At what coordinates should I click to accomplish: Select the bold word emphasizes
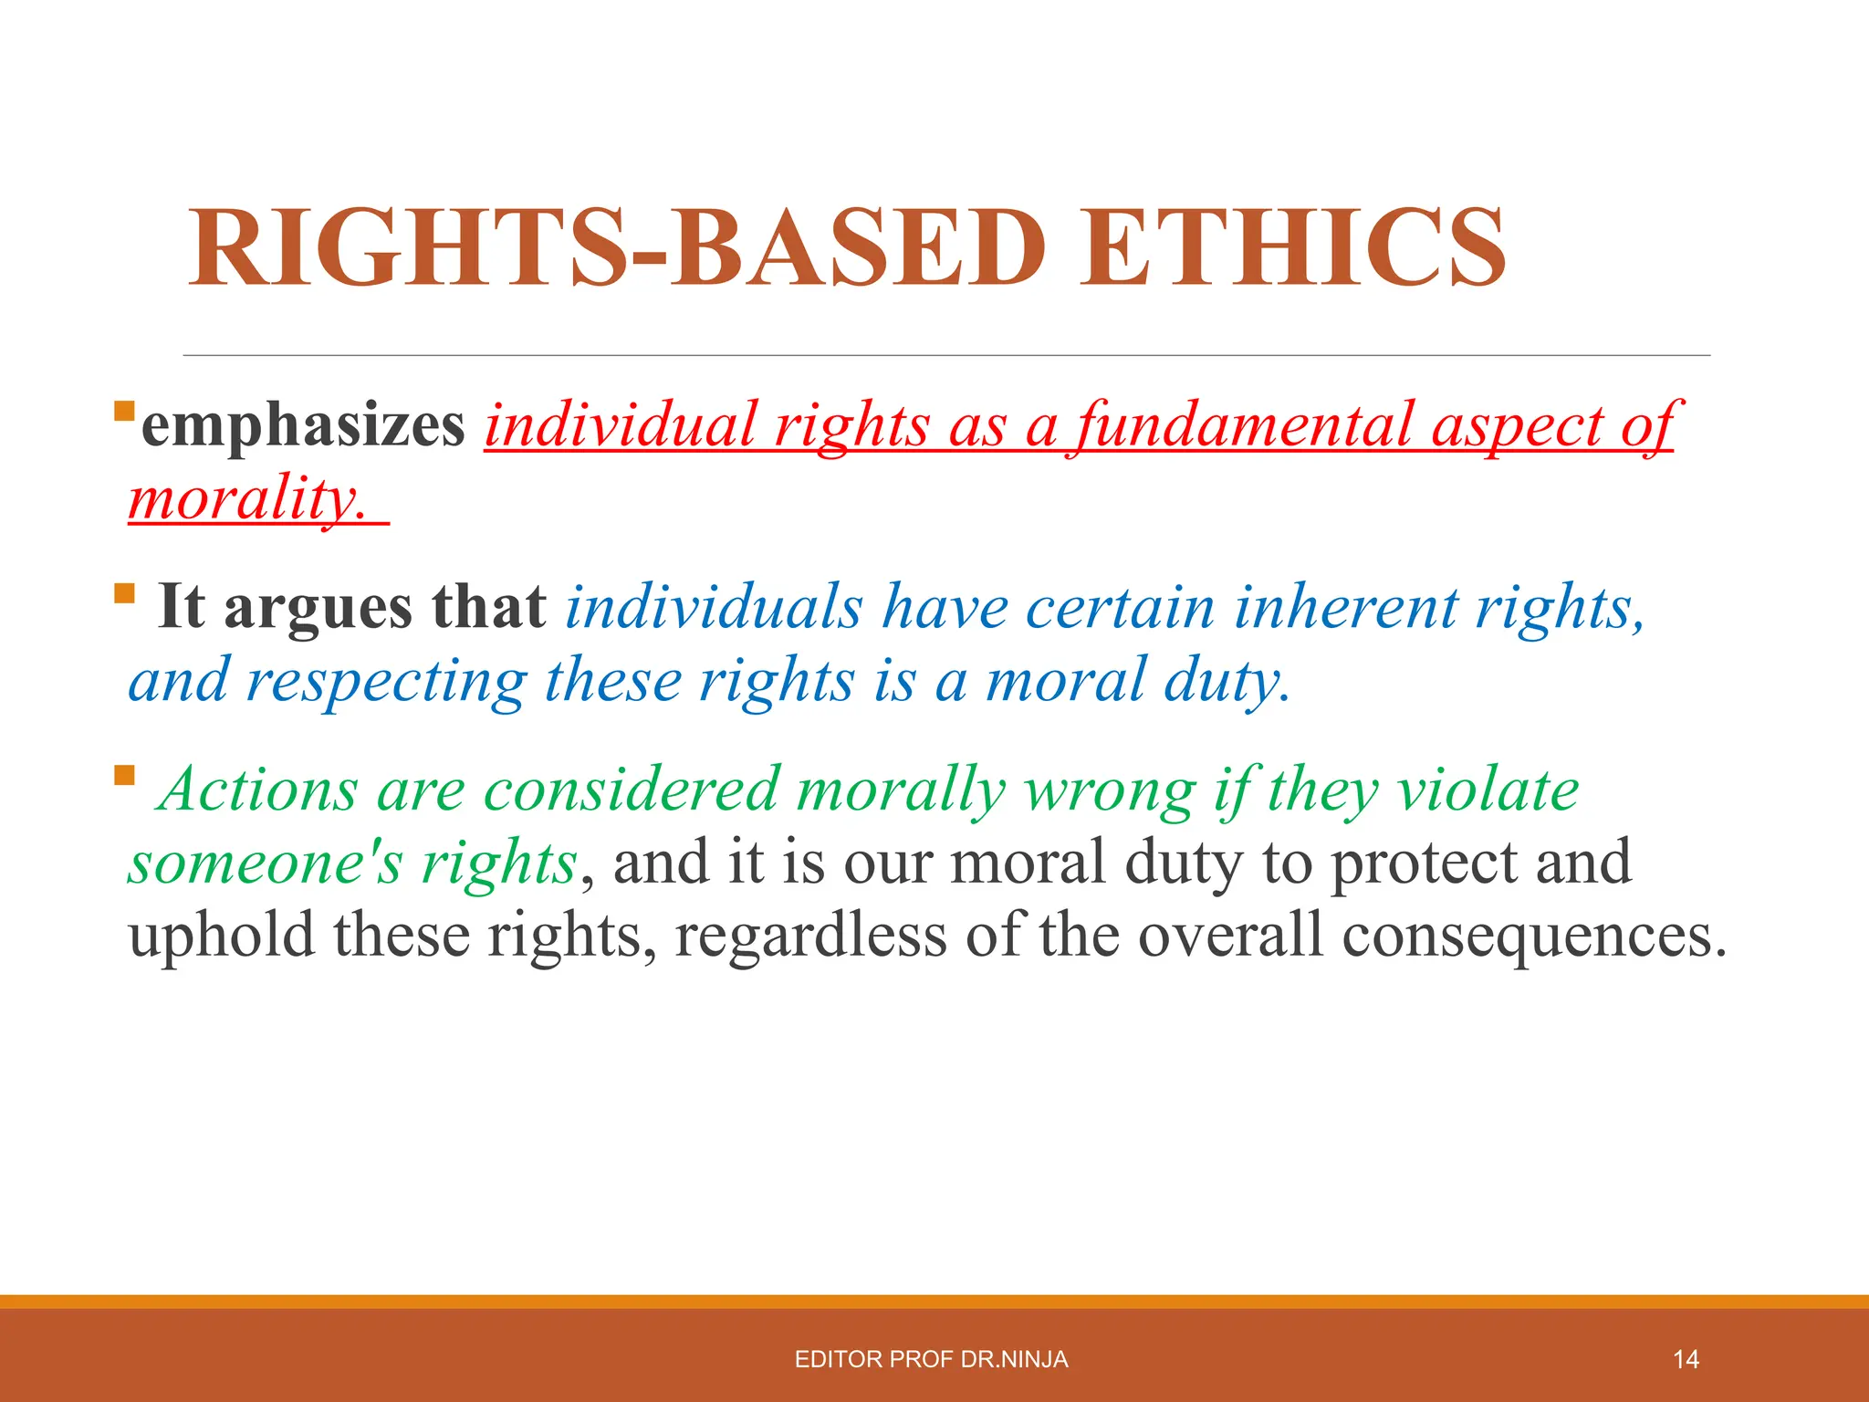[x=303, y=425]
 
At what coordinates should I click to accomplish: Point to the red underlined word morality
[x=247, y=500]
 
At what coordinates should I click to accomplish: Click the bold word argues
[x=318, y=607]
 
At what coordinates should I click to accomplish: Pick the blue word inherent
[x=1346, y=607]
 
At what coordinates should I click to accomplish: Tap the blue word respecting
[x=386, y=681]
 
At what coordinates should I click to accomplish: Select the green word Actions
[x=258, y=790]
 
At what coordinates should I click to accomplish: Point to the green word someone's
[x=265, y=863]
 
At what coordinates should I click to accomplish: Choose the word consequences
[x=1533, y=936]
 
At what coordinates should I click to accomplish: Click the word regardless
[x=810, y=936]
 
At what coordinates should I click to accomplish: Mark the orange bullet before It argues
[x=124, y=595]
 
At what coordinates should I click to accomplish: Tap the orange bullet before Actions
[x=124, y=777]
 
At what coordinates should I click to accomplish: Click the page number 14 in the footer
[x=1686, y=1360]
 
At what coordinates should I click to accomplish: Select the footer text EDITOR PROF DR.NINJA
[x=931, y=1360]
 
